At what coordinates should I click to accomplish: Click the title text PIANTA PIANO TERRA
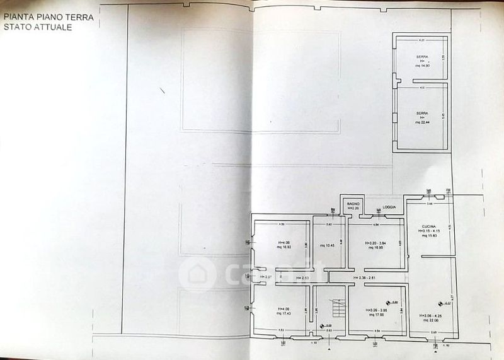click(x=49, y=18)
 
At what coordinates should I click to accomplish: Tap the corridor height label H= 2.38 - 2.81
click(x=366, y=277)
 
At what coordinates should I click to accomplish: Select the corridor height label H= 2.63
click(x=301, y=277)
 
